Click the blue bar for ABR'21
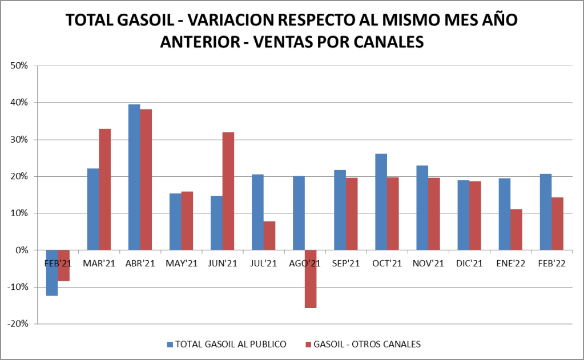click(x=134, y=177)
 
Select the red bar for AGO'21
click(x=311, y=279)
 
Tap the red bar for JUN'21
click(x=228, y=191)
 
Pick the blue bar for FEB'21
click(x=52, y=273)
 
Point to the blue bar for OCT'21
click(x=381, y=202)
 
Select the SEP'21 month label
click(x=346, y=264)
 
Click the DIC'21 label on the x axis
click(x=469, y=264)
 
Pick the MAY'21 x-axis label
click(x=182, y=264)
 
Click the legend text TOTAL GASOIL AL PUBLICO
click(x=231, y=344)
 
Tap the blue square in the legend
click(x=170, y=344)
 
